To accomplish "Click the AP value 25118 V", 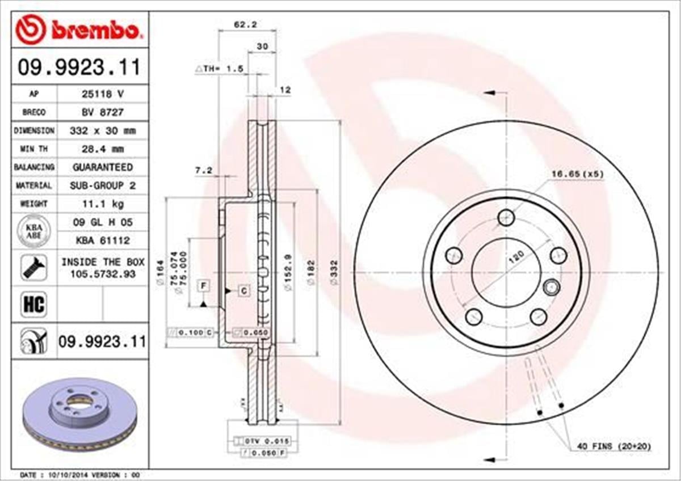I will pos(102,94).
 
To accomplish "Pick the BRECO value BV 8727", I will pos(102,112).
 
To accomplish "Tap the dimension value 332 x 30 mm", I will pos(102,130).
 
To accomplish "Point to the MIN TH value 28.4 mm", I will pos(102,149).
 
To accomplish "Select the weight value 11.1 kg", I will pos(102,203).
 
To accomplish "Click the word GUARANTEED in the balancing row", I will pos(102,167).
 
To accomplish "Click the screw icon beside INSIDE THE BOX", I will pos(33,267).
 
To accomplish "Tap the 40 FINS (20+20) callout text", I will pos(614,447).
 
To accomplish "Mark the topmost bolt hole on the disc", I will pos(506,217).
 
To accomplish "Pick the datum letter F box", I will pos(203,285).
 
